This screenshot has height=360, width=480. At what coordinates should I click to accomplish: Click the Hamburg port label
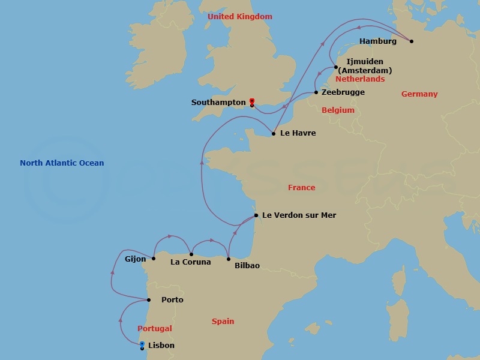377,41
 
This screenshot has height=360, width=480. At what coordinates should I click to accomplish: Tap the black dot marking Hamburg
412,41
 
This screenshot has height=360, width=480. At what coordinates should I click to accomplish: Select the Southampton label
218,103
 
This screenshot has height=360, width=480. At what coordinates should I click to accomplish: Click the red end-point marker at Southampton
252,101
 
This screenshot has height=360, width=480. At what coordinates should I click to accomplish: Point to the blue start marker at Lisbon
142,344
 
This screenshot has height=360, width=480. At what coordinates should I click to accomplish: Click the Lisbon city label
161,346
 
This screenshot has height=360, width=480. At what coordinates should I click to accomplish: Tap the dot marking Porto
149,300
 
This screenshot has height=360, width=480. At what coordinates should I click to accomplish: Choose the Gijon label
135,259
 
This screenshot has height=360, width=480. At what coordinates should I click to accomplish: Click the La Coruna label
191,262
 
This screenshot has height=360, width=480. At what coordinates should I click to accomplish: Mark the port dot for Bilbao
229,259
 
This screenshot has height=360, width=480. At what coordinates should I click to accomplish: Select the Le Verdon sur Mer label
299,215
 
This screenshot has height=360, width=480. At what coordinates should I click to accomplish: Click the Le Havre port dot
274,133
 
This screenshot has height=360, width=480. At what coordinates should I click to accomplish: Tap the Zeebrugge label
343,92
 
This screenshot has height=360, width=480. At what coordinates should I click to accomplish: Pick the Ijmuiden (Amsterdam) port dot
336,67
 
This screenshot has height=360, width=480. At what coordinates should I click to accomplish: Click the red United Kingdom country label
239,17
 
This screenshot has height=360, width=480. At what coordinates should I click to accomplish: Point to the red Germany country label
419,94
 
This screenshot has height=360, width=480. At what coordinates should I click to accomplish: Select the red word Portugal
155,329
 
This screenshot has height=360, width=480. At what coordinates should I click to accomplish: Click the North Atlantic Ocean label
62,163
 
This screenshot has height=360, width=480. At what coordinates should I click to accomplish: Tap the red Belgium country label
338,110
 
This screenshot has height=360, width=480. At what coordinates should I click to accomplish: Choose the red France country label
301,188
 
